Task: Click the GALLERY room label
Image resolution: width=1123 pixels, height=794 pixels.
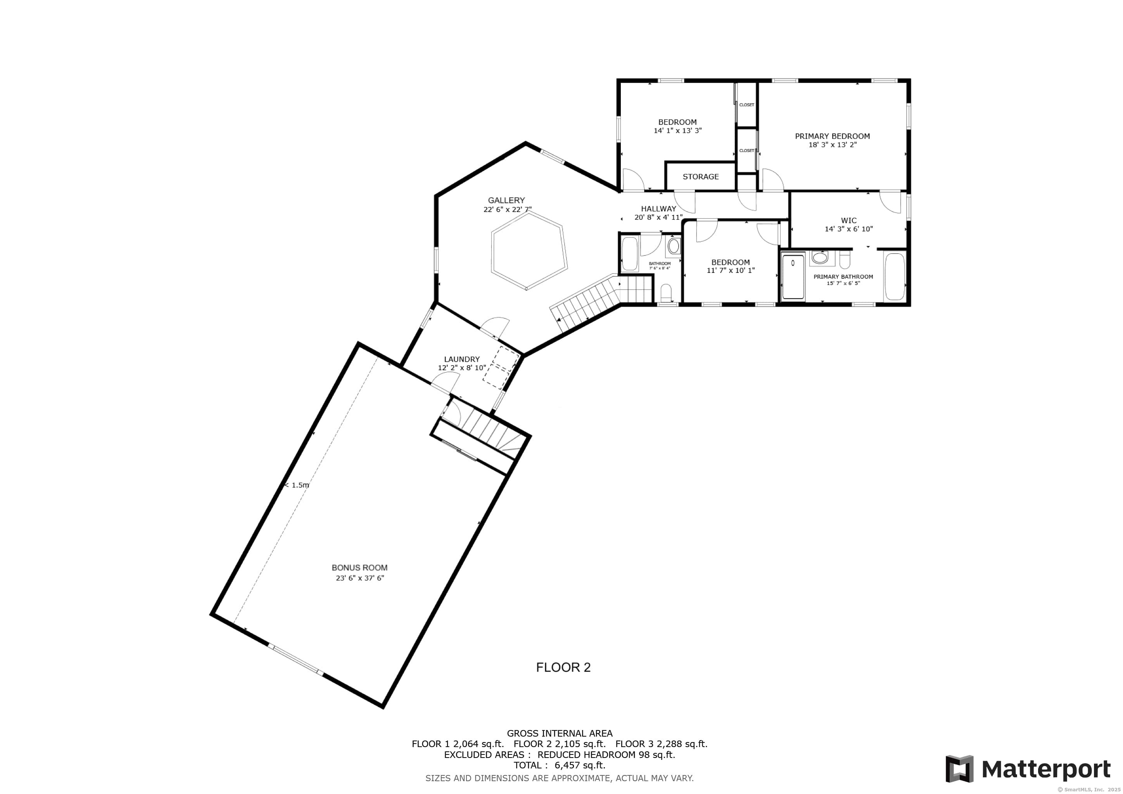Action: [506, 200]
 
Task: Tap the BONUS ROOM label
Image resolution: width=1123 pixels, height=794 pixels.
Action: [359, 568]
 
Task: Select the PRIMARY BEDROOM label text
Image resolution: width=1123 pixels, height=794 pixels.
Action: [833, 136]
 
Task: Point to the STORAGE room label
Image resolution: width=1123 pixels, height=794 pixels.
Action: [700, 176]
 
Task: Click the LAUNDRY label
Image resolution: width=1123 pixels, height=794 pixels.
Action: [462, 359]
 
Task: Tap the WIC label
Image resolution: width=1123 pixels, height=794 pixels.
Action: [848, 221]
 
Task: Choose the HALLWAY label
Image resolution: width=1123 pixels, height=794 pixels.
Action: [658, 209]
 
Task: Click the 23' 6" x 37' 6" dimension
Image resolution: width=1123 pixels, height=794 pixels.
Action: [359, 578]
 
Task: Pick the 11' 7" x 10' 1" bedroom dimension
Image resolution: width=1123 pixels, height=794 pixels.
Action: [731, 270]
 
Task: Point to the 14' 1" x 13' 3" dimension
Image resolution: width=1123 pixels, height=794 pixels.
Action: [677, 131]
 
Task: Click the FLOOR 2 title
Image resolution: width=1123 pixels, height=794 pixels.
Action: [563, 667]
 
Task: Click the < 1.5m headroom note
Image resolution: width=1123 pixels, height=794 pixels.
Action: [297, 485]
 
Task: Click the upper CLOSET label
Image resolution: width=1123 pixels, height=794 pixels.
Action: [746, 105]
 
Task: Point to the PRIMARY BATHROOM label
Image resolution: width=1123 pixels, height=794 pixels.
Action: [843, 277]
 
